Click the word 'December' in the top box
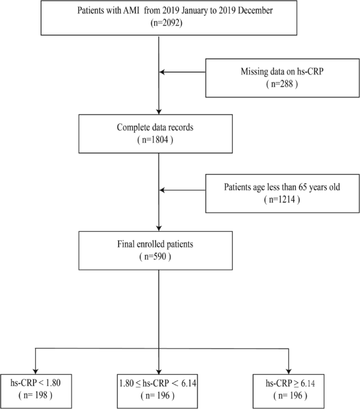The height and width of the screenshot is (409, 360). [x=235, y=10]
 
